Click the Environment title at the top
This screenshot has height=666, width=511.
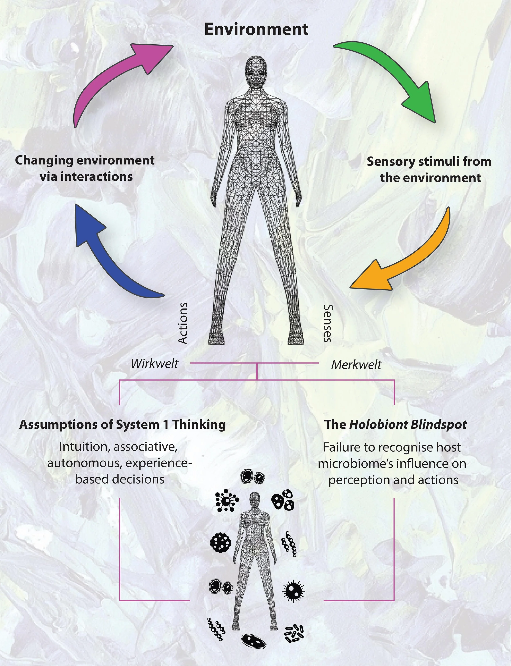click(x=256, y=29)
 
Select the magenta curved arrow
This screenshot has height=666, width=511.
click(x=115, y=79)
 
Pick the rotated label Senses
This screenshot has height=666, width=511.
click(x=328, y=323)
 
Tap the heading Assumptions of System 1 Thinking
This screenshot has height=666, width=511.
click(x=123, y=425)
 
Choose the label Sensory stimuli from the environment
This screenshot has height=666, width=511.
click(x=429, y=170)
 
